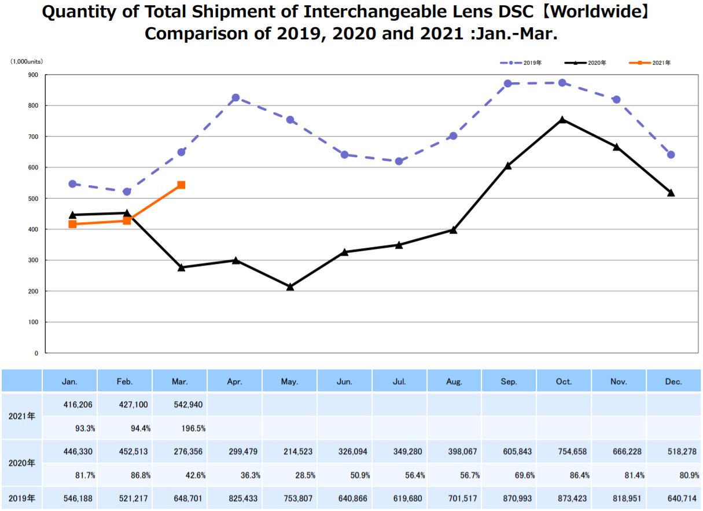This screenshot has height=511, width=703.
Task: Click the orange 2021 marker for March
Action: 181,185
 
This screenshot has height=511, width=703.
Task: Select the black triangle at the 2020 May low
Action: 290,286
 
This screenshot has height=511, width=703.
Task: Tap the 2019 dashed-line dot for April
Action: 235,98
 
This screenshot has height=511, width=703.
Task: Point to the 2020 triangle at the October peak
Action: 562,120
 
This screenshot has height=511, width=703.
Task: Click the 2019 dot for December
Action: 671,155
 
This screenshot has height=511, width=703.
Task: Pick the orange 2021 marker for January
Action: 72,224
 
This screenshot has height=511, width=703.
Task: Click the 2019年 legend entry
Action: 523,63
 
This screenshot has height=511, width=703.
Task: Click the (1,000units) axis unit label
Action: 26,61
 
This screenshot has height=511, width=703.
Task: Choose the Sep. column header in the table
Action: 509,381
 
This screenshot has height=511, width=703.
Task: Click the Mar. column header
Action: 180,381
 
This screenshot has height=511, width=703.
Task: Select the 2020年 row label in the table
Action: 21,463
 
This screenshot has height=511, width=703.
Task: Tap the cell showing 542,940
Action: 190,405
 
